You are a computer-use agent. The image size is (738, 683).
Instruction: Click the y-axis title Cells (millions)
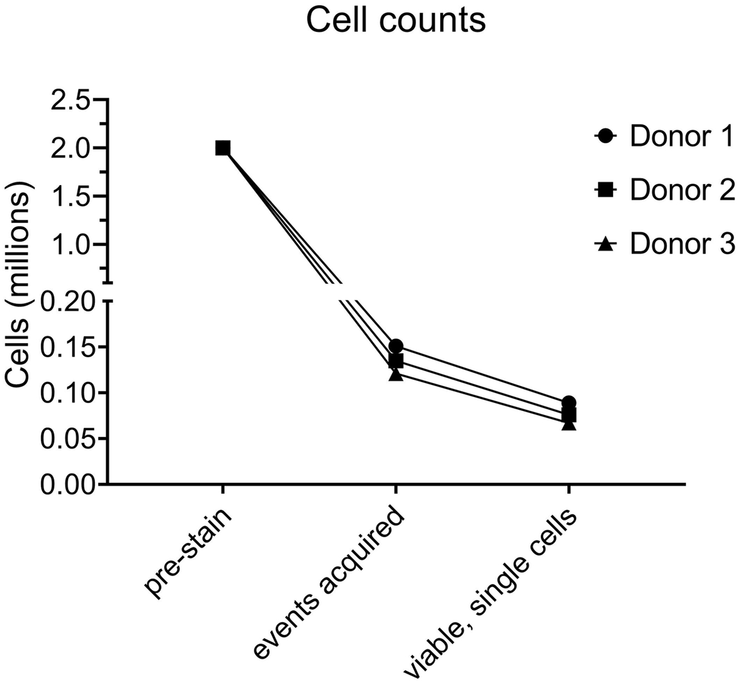point(19,289)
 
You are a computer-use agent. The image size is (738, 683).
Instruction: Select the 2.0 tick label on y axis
point(70,149)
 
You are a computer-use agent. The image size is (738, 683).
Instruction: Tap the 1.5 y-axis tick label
point(70,196)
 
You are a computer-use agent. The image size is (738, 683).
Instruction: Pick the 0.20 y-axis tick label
point(64,301)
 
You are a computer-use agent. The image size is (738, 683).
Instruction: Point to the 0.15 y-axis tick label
point(64,348)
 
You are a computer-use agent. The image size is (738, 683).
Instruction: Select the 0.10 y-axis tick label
point(64,393)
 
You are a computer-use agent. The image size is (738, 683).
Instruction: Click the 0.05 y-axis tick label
point(64,439)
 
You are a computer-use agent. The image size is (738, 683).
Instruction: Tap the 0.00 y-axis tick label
point(64,484)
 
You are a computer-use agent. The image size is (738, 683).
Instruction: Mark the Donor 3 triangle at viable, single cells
point(569,424)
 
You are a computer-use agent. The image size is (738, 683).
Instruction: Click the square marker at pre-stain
point(222,148)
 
